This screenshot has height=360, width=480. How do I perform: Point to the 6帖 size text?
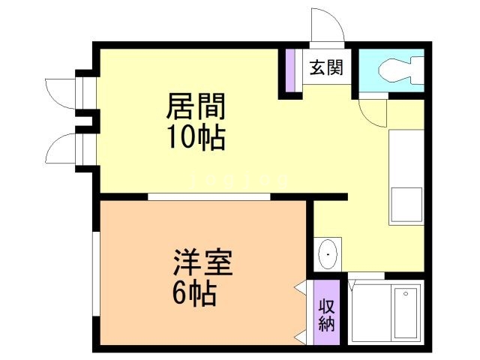[x=194, y=292]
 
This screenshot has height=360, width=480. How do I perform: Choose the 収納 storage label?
[x=326, y=314]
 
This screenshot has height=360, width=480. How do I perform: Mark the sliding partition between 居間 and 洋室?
[x=208, y=196]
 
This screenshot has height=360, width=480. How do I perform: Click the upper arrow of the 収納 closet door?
[x=301, y=286]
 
